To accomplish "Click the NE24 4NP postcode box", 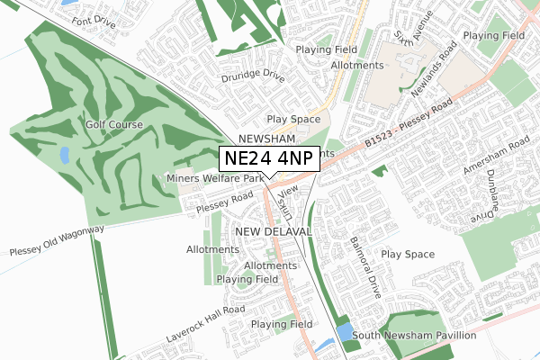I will click(270, 158).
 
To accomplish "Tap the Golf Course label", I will click(115, 124).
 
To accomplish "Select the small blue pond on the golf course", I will click(64, 156).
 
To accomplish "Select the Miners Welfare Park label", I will click(214, 178).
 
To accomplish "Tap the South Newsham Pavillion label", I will click(415, 336).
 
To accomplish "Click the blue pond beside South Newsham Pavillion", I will click(345, 333).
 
